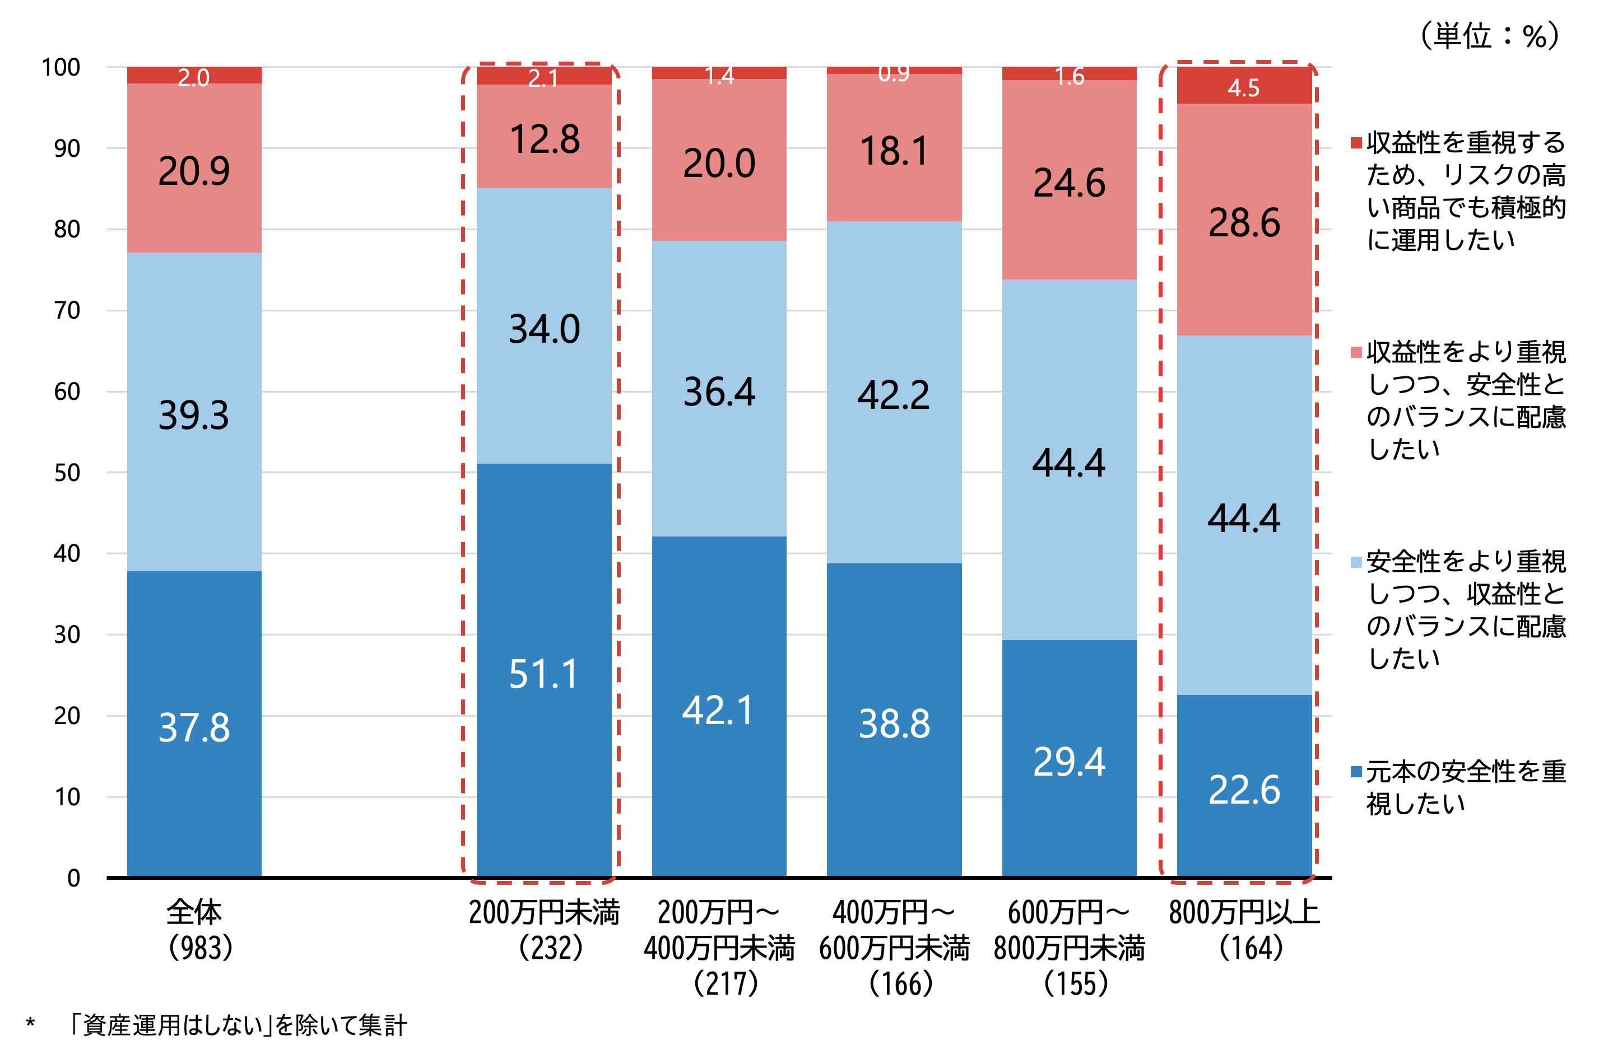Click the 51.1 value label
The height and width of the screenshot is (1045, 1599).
pyautogui.click(x=543, y=674)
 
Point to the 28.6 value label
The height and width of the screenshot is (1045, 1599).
pyautogui.click(x=1244, y=222)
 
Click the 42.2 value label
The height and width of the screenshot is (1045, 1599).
pyautogui.click(x=894, y=394)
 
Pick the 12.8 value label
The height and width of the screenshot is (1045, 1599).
pyautogui.click(x=544, y=139)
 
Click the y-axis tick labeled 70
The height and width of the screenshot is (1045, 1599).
pyautogui.click(x=67, y=310)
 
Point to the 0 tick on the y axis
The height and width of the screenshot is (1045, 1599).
pyautogui.click(x=73, y=878)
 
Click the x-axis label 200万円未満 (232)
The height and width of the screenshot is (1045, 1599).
pyautogui.click(x=544, y=930)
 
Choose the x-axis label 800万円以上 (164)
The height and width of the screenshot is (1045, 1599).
pyautogui.click(x=1244, y=930)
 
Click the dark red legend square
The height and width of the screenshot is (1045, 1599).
pyautogui.click(x=1356, y=143)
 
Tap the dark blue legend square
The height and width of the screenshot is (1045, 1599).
pyautogui.click(x=1356, y=772)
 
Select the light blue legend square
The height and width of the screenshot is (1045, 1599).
pyautogui.click(x=1356, y=562)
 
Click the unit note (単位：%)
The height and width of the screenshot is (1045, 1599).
pyautogui.click(x=1489, y=36)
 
